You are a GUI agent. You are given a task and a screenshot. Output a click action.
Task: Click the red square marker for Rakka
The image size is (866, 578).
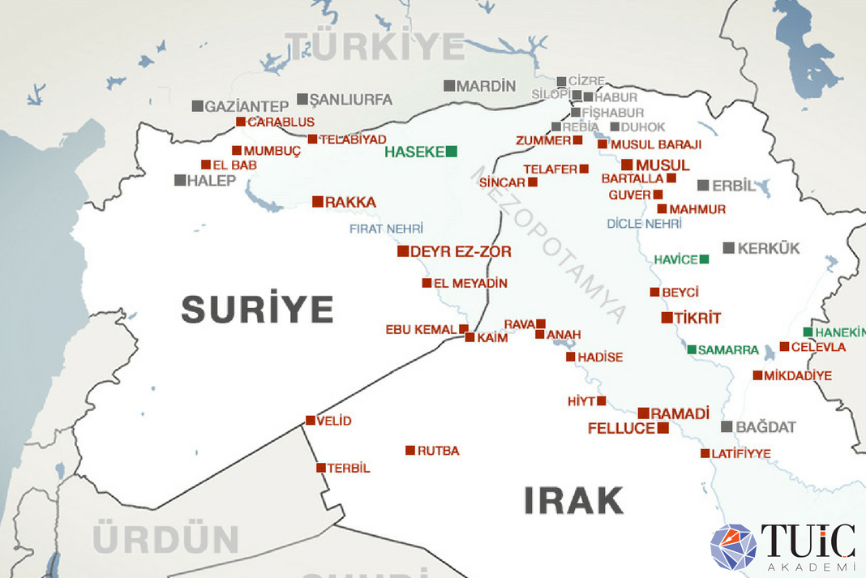318,201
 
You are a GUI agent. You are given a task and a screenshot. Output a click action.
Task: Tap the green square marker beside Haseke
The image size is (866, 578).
452,151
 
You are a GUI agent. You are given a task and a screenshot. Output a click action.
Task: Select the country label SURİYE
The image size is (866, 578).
257,309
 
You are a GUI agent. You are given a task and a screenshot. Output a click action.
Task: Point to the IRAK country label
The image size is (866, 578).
573,500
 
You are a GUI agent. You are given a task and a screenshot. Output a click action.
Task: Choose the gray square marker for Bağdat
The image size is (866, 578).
727,426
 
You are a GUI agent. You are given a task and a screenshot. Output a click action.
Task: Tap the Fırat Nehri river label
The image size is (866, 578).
386,229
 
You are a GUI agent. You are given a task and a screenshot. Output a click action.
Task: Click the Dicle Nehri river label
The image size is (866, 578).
644,223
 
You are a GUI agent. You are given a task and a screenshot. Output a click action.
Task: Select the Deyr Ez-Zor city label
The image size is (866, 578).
461,252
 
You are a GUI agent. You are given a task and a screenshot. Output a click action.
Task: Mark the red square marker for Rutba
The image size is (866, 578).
410,450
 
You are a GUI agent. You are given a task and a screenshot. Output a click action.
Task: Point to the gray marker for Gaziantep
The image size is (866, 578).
197,105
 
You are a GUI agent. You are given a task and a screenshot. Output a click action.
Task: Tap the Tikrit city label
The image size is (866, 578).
697,318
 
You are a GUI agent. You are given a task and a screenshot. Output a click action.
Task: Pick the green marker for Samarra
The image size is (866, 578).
692,349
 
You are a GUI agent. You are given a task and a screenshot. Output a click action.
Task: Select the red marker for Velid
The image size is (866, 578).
310,420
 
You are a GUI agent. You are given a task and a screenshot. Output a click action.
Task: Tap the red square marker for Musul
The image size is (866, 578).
627,165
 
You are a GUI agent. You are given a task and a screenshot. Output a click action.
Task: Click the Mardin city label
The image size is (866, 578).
486,86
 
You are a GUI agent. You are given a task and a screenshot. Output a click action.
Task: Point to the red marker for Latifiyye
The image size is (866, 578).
705,453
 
